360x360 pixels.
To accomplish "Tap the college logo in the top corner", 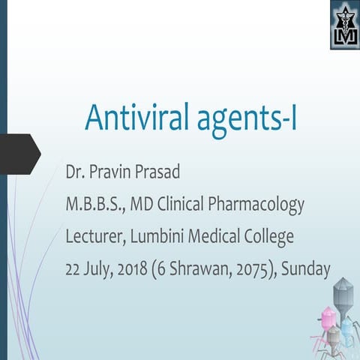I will [344, 25].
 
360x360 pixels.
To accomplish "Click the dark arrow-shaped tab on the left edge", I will [18, 153].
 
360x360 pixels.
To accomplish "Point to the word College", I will [265, 238].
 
